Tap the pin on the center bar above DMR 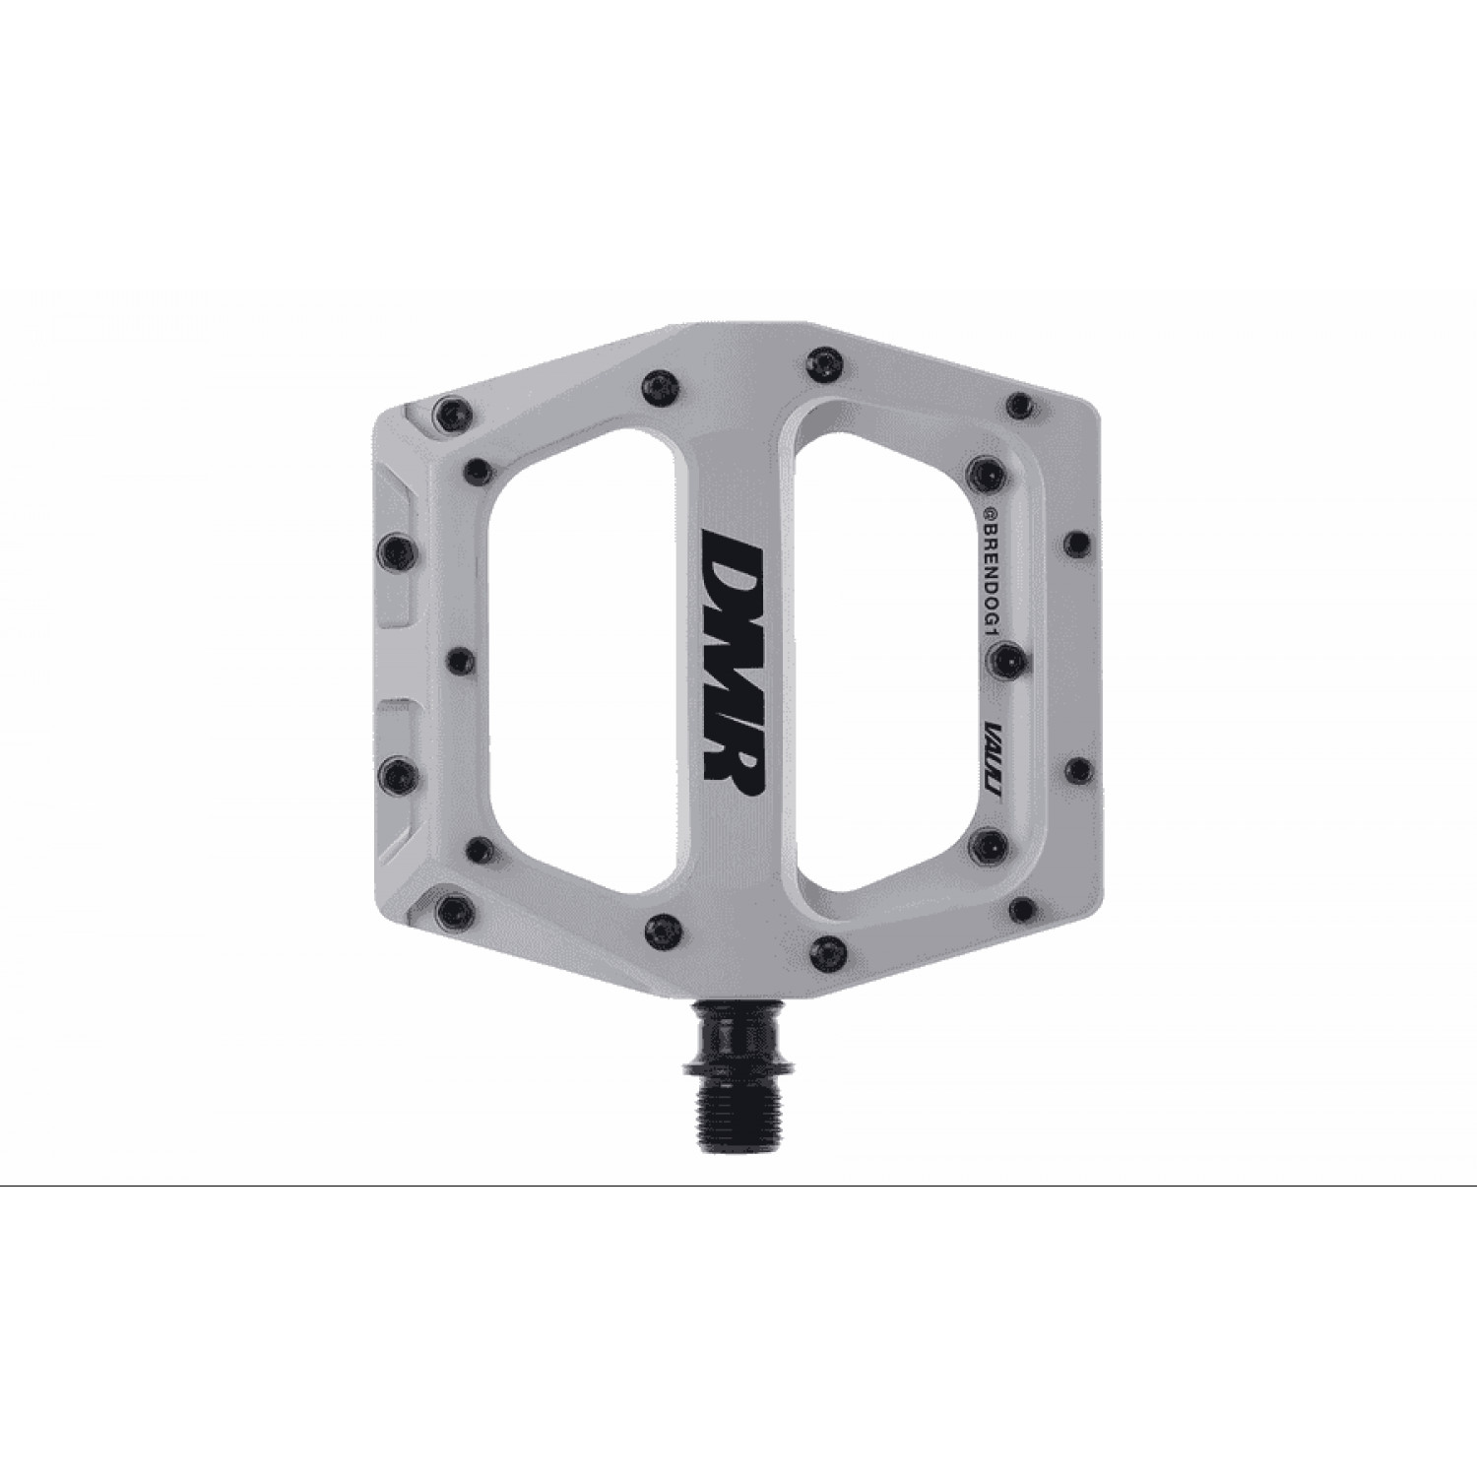[657, 380]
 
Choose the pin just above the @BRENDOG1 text [986, 467]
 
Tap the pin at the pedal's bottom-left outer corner [449, 906]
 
